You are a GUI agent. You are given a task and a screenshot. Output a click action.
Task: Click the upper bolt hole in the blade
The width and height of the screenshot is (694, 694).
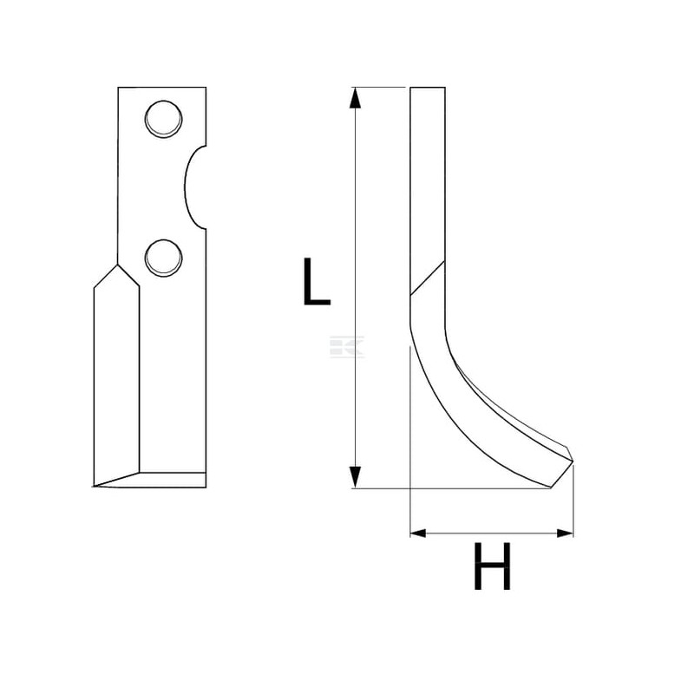[x=163, y=119]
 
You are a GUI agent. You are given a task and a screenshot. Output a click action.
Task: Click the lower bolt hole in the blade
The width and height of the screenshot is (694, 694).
[x=163, y=259]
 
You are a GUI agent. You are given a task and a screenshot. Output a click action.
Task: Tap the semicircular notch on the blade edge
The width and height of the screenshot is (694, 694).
[x=189, y=187]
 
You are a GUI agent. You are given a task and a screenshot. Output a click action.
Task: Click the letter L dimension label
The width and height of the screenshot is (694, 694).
[x=316, y=281]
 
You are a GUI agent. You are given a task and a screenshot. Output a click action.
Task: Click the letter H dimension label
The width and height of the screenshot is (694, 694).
[x=492, y=566]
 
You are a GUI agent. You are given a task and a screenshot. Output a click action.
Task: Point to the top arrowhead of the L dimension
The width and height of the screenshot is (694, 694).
[x=355, y=98]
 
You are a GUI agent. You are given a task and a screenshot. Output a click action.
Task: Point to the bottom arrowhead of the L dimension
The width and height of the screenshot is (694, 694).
[x=355, y=477]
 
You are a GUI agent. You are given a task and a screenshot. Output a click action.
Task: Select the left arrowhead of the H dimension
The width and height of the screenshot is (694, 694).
[x=418, y=534]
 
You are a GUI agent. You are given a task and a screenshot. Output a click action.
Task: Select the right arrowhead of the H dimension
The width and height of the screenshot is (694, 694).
[x=566, y=534]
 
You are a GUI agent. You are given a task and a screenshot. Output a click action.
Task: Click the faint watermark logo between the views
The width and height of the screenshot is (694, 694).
[x=347, y=346]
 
